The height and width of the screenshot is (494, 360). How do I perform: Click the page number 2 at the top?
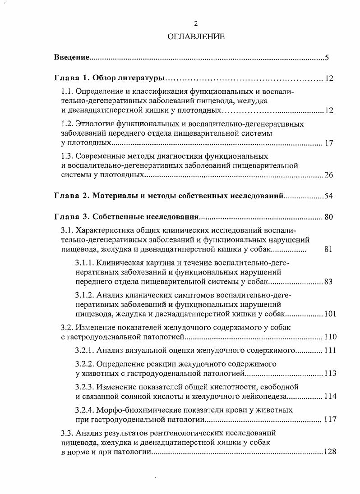point(196,24)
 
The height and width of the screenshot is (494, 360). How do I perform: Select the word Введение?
point(71,58)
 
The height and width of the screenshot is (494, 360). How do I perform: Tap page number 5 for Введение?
point(327,58)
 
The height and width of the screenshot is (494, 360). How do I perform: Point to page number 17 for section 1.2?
point(328,143)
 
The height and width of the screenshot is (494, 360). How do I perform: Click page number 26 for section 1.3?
point(328,175)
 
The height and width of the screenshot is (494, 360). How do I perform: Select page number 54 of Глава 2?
point(328,196)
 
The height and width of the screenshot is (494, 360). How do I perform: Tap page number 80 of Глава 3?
point(328,218)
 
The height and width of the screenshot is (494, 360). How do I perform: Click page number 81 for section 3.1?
point(328,249)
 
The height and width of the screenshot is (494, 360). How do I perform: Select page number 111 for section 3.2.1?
point(329,350)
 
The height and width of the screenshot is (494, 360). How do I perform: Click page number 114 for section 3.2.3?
point(329,397)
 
